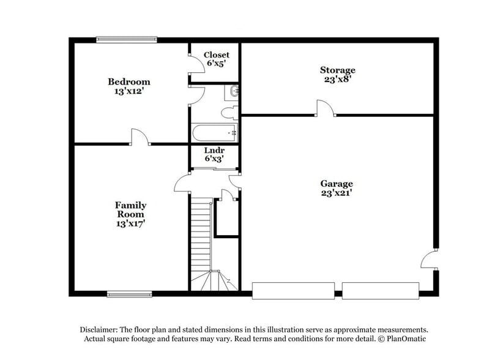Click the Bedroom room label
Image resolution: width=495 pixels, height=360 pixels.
click(x=128, y=82)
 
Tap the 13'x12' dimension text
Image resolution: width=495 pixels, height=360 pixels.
click(x=128, y=91)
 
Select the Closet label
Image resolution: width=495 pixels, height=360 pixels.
click(x=217, y=55)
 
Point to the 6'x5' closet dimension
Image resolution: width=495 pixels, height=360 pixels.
click(x=217, y=64)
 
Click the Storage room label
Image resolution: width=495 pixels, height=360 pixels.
click(x=337, y=70)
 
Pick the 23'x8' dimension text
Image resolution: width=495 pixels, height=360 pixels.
click(x=337, y=79)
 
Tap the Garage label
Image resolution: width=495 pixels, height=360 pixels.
click(x=337, y=184)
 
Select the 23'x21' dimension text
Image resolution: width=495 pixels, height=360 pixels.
click(x=337, y=193)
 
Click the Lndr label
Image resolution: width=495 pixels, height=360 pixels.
click(x=214, y=151)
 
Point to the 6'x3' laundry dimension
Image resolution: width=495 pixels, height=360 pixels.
click(x=214, y=159)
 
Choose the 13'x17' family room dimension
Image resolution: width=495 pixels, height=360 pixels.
click(x=130, y=223)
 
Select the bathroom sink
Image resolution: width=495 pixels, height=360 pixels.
click(x=233, y=92)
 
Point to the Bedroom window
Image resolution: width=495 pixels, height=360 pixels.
click(x=127, y=40)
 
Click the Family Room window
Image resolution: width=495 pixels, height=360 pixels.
click(x=129, y=294)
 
